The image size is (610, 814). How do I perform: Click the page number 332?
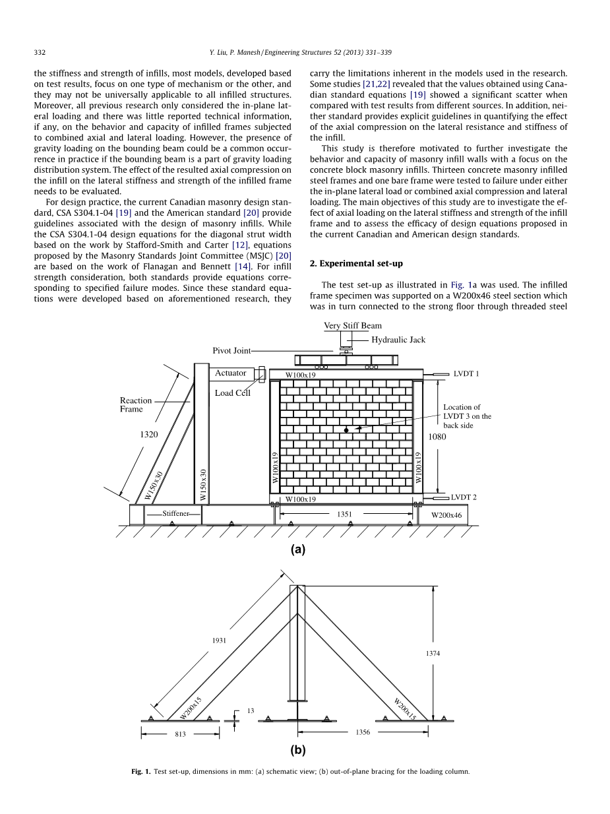pyautogui.click(x=39, y=52)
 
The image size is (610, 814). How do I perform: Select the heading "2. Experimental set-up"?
pyautogui.click(x=356, y=263)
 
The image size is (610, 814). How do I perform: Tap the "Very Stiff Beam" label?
pyautogui.click(x=352, y=326)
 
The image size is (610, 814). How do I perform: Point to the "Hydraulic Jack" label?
pyautogui.click(x=398, y=340)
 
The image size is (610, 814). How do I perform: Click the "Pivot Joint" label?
pyautogui.click(x=231, y=351)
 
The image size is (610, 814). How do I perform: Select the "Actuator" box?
pyautogui.click(x=231, y=373)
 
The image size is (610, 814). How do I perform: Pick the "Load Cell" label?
pyautogui.click(x=233, y=393)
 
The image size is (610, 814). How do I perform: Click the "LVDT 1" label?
pyautogui.click(x=466, y=374)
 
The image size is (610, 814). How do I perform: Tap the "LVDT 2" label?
pyautogui.click(x=464, y=497)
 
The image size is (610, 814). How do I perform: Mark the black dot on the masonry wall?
pyautogui.click(x=346, y=430)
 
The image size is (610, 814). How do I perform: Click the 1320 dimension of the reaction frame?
pyautogui.click(x=149, y=435)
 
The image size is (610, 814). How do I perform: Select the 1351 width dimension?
pyautogui.click(x=344, y=513)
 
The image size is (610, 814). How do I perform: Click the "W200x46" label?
pyautogui.click(x=446, y=515)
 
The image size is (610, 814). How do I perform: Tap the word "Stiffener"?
pyautogui.click(x=176, y=513)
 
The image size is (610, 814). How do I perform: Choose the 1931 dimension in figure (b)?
pyautogui.click(x=220, y=641)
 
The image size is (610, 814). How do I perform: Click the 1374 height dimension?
pyautogui.click(x=432, y=653)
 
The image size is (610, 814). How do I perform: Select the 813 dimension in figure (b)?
pyautogui.click(x=179, y=734)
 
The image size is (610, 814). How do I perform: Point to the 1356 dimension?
pyautogui.click(x=363, y=732)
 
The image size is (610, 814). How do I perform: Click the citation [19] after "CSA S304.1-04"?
pyautogui.click(x=123, y=212)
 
